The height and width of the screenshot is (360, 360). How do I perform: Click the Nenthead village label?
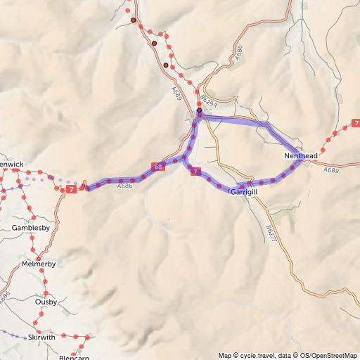[x=302, y=155]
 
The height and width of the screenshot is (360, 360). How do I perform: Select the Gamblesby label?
[x=30, y=229]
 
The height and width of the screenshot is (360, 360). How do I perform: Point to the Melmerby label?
[x=39, y=264]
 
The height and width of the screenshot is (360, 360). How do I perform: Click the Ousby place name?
[x=46, y=302]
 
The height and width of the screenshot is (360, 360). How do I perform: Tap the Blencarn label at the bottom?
[x=74, y=356]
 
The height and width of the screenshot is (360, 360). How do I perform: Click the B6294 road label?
[x=205, y=101]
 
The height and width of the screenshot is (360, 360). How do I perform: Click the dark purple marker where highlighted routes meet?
[x=199, y=110]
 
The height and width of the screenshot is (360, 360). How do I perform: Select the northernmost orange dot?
[x=133, y=20]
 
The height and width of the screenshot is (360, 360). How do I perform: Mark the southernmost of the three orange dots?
[x=166, y=65]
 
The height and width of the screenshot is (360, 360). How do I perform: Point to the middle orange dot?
[x=154, y=44]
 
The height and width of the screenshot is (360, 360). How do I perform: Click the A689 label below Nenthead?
[x=331, y=170]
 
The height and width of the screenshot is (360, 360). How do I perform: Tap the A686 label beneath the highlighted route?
[x=125, y=186]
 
